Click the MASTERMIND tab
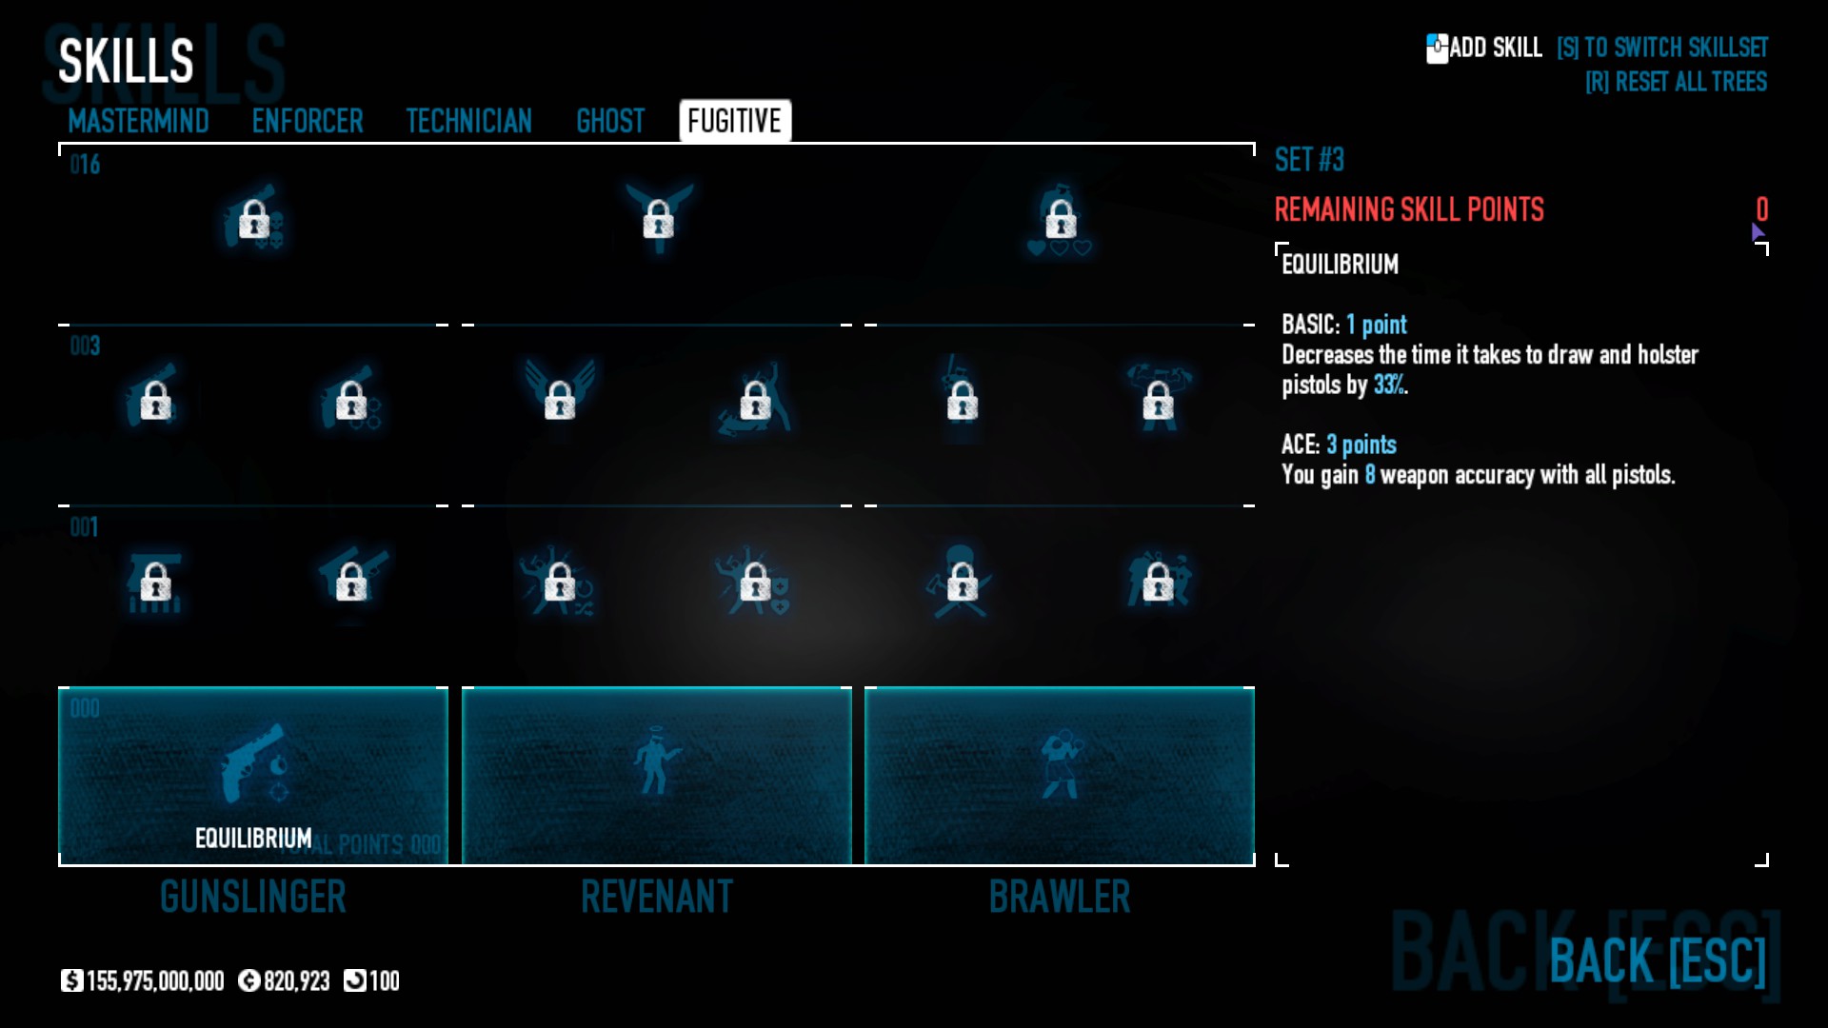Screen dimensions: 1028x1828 click(138, 121)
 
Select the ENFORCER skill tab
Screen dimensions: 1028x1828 click(308, 121)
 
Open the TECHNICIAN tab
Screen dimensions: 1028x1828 click(468, 121)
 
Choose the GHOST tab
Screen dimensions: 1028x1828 click(610, 121)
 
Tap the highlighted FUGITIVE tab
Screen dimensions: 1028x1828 click(734, 121)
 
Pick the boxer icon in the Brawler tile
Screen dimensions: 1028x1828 click(1060, 764)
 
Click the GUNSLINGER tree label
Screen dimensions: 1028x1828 click(253, 897)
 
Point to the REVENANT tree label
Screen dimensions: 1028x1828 click(657, 897)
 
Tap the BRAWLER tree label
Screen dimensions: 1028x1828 click(1060, 897)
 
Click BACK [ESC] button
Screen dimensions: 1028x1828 click(1658, 959)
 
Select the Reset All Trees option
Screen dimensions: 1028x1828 click(1676, 82)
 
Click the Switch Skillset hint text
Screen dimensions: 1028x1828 click(1662, 48)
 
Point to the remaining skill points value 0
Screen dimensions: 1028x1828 click(1761, 209)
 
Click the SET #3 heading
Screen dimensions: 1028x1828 click(1309, 160)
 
